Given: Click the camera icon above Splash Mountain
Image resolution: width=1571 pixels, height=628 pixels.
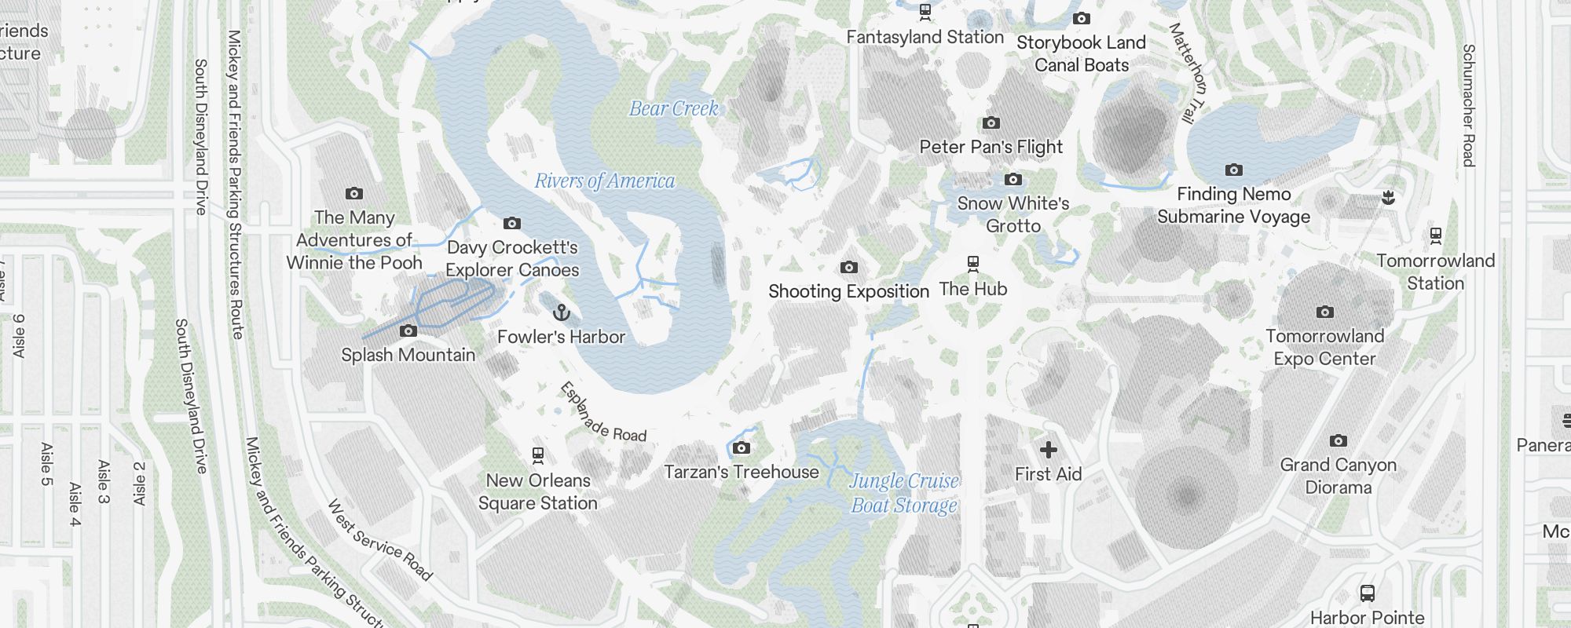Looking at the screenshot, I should (x=408, y=331).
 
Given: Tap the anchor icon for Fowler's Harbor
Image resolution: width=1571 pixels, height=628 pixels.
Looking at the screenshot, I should (x=561, y=313).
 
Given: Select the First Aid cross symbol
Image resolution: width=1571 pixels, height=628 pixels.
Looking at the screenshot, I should (x=1048, y=450).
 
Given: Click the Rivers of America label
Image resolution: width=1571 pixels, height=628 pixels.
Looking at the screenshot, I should (x=604, y=181).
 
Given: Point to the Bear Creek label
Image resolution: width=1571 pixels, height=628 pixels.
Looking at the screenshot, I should (x=674, y=109).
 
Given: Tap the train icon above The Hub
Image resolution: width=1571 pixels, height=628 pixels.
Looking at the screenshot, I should (x=973, y=264).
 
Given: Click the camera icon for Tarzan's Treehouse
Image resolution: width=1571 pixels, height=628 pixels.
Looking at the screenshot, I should (x=741, y=448).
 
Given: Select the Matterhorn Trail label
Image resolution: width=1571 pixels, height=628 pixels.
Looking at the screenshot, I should (x=1186, y=72).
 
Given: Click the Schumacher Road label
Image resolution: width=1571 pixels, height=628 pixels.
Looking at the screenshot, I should (x=1468, y=105).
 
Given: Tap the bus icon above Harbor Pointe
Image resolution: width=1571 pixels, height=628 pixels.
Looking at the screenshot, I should (x=1367, y=593).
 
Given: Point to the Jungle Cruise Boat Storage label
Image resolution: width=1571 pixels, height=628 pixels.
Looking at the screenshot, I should (x=904, y=493).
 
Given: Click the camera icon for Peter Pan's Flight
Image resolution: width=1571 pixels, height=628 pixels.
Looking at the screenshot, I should (x=991, y=123).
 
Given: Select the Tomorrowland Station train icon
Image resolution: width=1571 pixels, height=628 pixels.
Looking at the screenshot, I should (x=1436, y=235).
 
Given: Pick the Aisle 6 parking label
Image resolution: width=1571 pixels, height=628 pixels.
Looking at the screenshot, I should (x=19, y=336).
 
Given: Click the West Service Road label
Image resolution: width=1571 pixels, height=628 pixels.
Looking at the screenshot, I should (x=379, y=540).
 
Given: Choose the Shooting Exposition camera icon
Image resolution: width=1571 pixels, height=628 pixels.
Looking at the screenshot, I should (x=848, y=268).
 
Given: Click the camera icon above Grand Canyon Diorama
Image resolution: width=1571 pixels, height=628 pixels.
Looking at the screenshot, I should (x=1338, y=441).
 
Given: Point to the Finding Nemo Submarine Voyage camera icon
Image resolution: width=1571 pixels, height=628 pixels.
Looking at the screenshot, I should (x=1233, y=170).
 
